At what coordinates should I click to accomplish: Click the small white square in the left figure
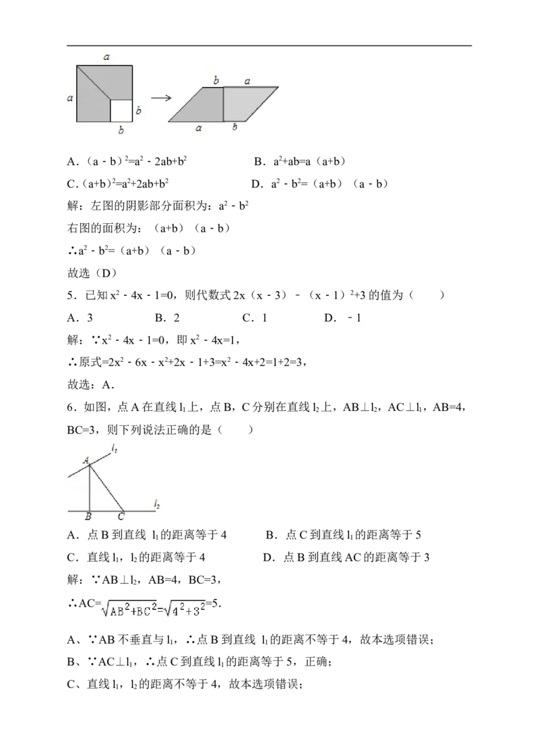coord(121,111)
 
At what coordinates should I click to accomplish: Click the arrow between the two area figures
coord(161,98)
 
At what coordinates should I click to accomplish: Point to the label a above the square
coord(106,57)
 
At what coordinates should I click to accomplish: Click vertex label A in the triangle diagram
coord(86,460)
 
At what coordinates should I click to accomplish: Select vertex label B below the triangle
coord(88,517)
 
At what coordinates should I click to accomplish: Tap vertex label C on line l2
coord(121,517)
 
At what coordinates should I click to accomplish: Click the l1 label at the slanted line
coord(115,447)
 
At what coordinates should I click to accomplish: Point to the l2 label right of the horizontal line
coord(156,504)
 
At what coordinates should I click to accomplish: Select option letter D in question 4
coord(257,184)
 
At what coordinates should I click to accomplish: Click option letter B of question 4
coord(259,162)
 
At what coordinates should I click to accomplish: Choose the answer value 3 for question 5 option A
coord(90,318)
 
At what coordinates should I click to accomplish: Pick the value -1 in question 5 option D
coord(354,318)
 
